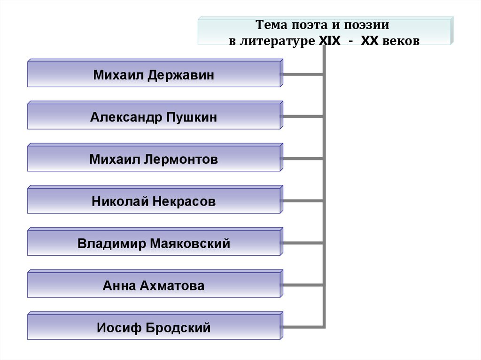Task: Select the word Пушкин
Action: (192, 117)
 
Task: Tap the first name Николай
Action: (120, 202)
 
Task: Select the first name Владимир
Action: (112, 244)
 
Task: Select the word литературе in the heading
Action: (277, 41)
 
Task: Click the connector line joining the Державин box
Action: (303, 74)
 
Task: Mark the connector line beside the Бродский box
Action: (303, 327)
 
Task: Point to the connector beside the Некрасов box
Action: (303, 201)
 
